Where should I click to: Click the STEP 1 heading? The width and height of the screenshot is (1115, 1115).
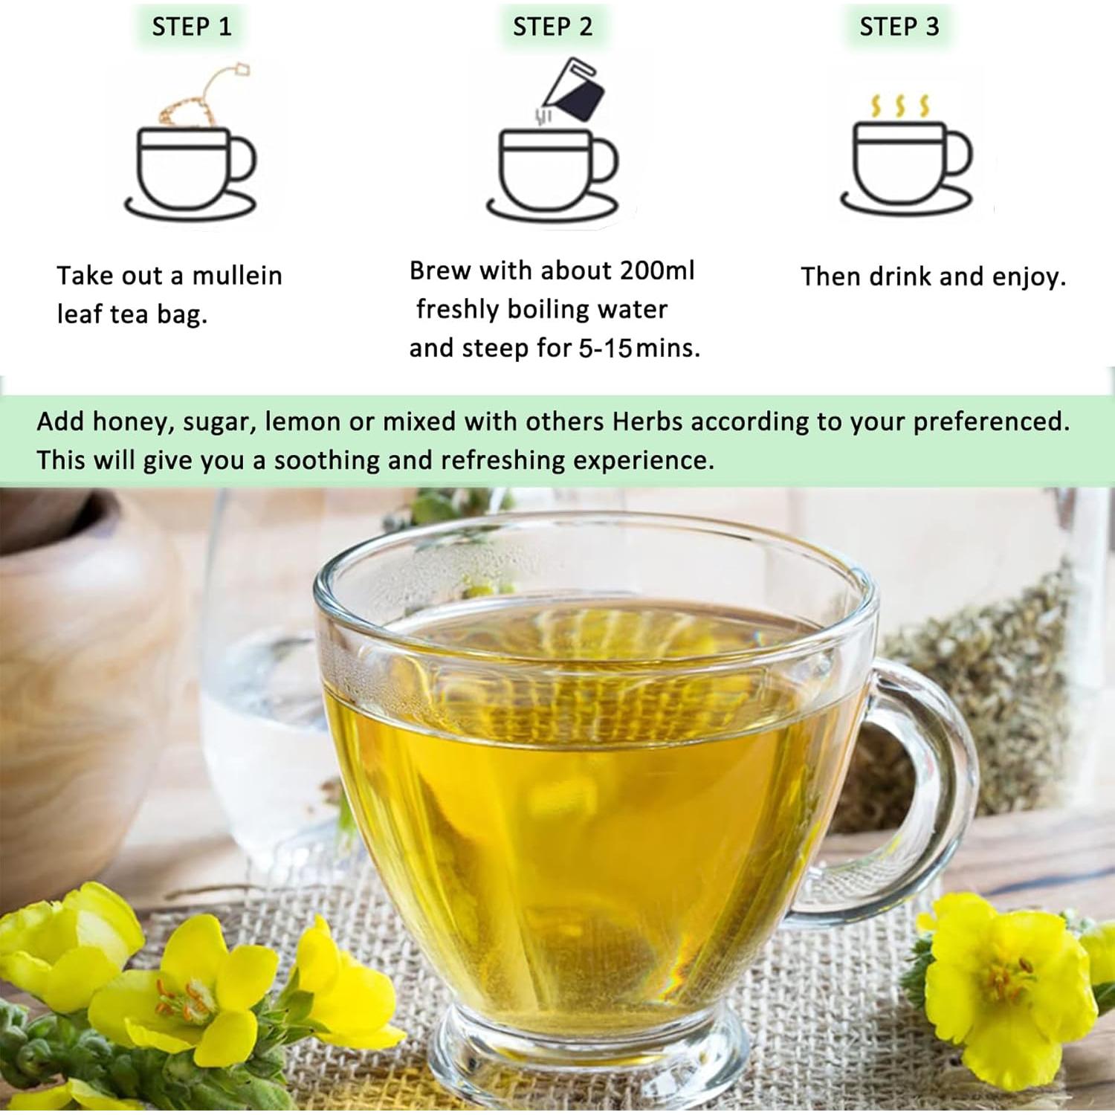point(192,28)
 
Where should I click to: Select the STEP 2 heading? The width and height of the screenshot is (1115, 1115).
point(552,28)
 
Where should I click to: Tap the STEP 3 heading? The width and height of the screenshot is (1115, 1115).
point(899,28)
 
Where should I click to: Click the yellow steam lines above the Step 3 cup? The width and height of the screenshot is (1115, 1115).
point(900,106)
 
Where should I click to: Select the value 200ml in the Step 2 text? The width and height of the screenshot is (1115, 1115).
point(657,271)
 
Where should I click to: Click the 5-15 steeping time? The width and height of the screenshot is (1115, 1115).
point(605,348)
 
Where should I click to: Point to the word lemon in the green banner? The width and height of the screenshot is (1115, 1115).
point(303,421)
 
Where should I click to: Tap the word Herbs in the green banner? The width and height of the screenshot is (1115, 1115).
point(647,421)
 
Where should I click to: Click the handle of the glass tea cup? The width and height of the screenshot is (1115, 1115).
point(937,773)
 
